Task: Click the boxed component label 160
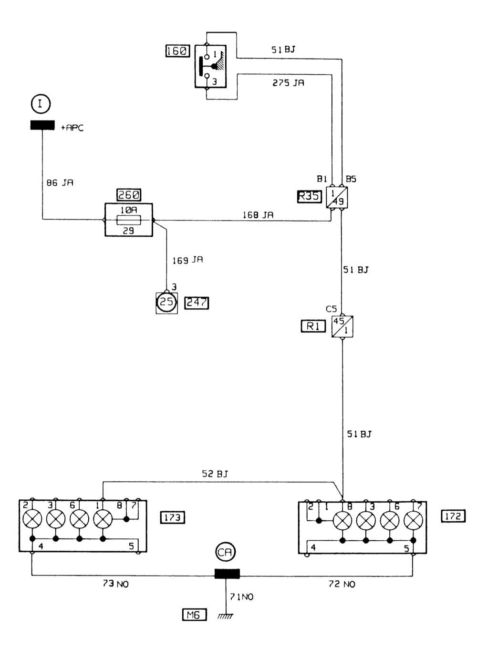177,51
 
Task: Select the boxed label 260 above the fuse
129,195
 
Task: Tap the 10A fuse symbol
129,220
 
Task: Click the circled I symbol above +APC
41,103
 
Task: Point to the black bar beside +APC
42,125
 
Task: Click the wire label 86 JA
60,182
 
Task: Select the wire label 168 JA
258,215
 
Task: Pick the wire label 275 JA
288,83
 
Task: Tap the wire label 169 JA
187,260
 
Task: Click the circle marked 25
166,302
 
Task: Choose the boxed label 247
197,303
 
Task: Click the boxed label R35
309,196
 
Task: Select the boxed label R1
313,326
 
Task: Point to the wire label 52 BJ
215,474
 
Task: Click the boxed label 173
172,517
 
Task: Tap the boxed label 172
453,516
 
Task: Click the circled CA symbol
225,552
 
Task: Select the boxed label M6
194,615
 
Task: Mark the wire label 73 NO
115,584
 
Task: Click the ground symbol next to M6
225,616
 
